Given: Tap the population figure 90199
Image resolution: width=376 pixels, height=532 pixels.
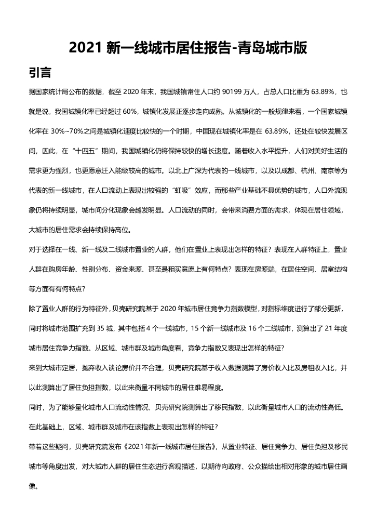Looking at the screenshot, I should pos(233,92).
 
